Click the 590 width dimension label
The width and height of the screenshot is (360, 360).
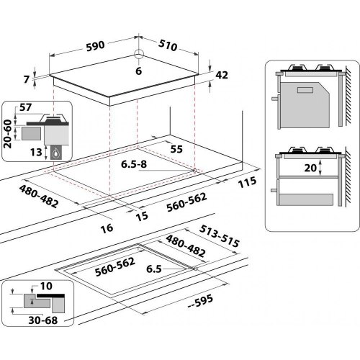tap(96, 45)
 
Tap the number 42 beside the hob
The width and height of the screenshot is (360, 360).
tap(222, 75)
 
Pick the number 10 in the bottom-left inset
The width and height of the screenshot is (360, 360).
tap(47, 287)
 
